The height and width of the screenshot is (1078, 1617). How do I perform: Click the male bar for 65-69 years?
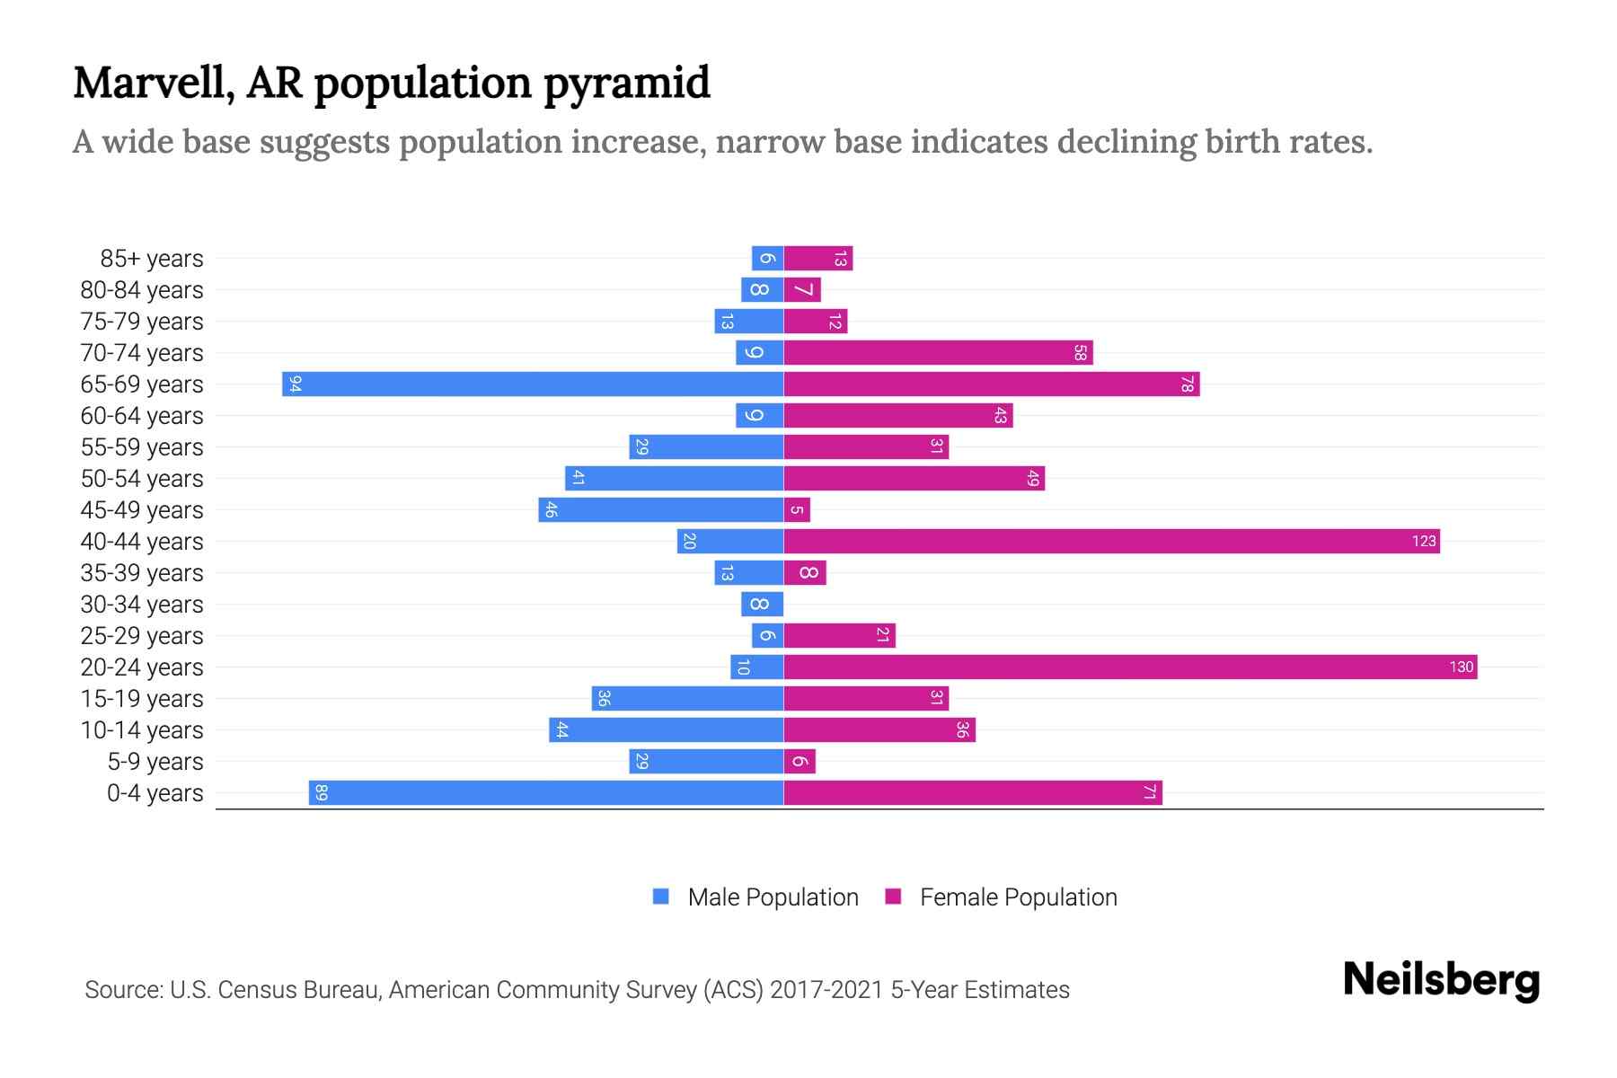pos(532,384)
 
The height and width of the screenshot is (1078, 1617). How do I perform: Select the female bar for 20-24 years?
pos(1130,667)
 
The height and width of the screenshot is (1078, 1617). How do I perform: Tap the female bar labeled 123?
pos(1111,542)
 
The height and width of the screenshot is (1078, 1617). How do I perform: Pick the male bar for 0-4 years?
pos(545,793)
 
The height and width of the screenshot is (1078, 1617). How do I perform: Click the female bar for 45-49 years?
pos(797,510)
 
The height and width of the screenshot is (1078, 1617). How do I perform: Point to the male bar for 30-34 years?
pos(762,605)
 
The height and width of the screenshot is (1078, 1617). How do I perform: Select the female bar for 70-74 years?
pos(938,353)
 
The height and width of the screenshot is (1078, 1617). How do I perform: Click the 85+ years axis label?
pos(152,259)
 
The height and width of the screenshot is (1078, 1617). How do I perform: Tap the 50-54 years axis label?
pos(142,479)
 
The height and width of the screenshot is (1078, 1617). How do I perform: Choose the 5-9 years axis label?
pos(155,762)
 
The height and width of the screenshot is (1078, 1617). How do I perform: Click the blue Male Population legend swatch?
pos(661,897)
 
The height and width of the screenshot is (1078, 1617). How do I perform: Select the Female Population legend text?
pos(1018,897)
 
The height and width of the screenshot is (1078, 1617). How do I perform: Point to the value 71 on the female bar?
pos(1149,793)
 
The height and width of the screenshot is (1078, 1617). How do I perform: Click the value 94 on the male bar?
pos(295,384)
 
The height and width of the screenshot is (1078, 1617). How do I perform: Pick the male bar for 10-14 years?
pos(666,730)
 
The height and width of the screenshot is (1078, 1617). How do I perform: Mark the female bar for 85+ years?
pos(817,259)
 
